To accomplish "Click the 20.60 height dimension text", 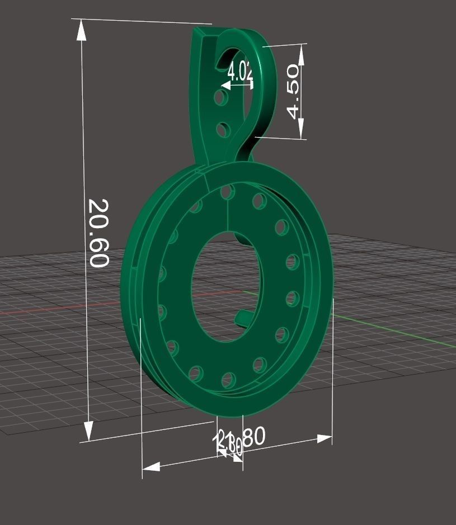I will point(98,233).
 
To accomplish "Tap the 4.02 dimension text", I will point(240,71).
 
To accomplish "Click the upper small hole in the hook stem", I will point(222,99).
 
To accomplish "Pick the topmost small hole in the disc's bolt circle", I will point(227,192).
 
